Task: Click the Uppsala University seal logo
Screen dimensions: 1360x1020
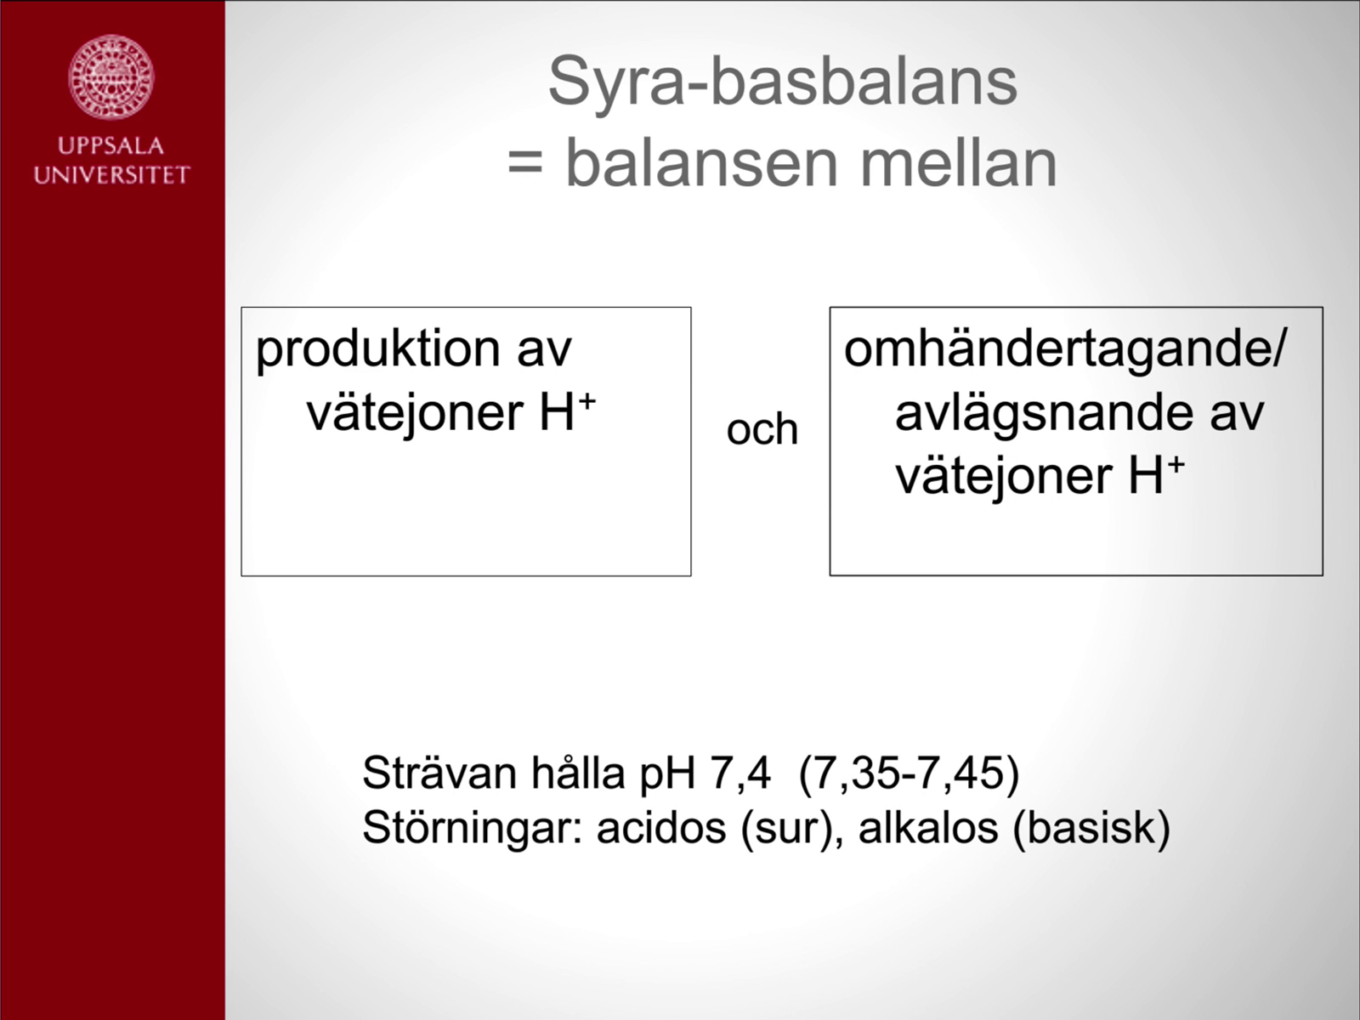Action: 110,76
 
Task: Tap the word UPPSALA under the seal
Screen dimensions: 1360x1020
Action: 110,146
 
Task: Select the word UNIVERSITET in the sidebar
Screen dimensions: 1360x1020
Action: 111,174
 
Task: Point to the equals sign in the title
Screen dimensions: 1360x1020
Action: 525,166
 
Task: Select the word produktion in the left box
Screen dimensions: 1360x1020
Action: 378,351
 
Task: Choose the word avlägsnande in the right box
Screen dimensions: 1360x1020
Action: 1044,414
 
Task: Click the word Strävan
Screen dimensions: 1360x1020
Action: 439,773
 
